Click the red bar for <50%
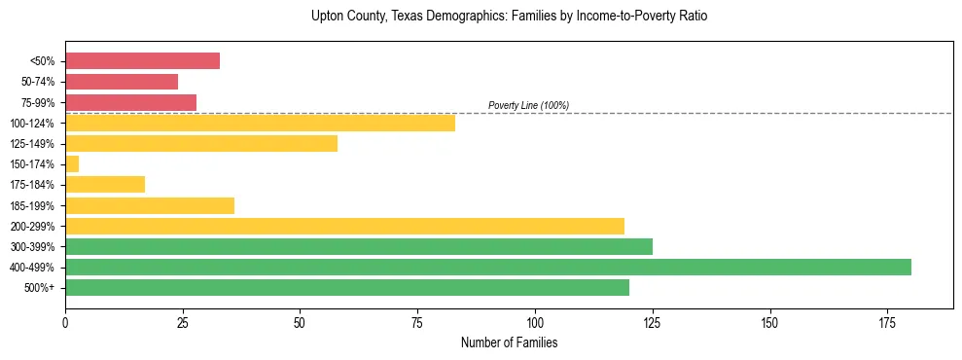[x=142, y=61]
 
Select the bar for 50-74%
[x=122, y=82]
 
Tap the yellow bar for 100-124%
[x=260, y=123]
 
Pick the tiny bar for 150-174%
[x=72, y=164]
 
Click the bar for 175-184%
[x=105, y=185]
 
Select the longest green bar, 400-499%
[x=488, y=268]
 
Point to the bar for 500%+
[x=347, y=288]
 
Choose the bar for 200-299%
[x=344, y=227]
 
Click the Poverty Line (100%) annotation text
[x=528, y=105]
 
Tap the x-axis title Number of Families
[x=509, y=342]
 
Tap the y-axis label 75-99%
[x=40, y=102]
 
